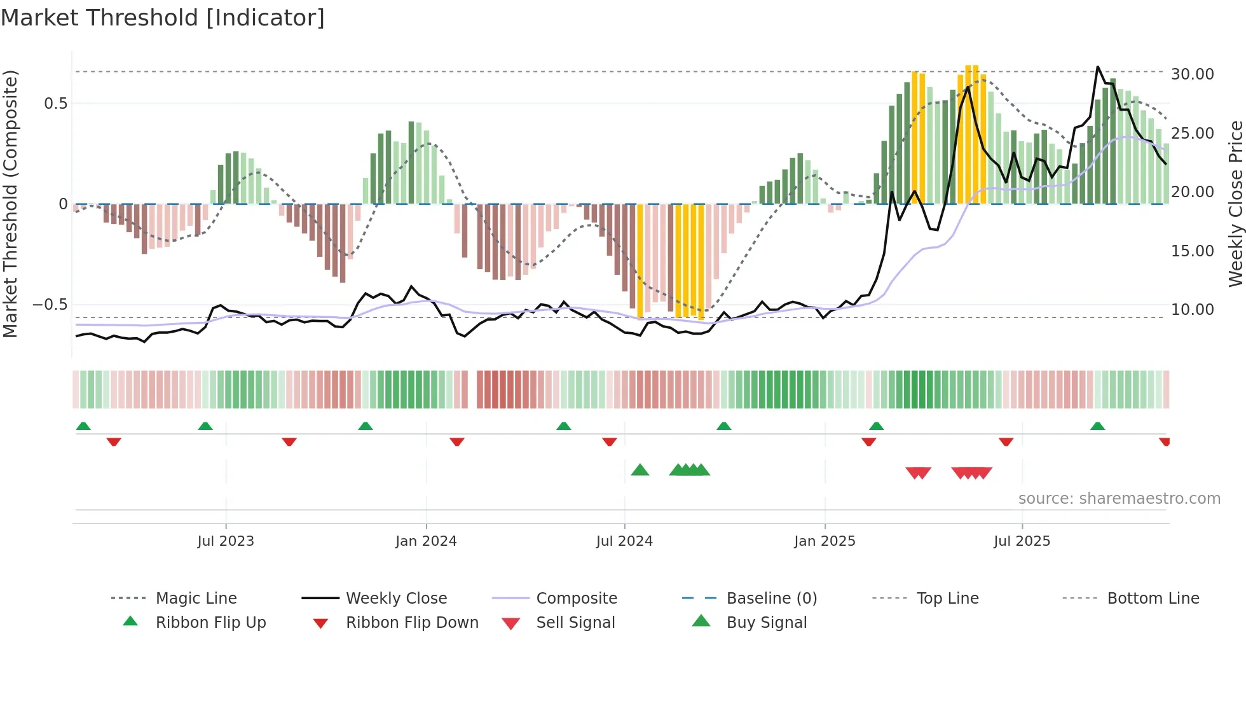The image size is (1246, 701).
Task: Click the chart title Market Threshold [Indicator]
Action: click(x=163, y=18)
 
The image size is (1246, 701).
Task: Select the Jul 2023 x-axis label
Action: click(x=225, y=541)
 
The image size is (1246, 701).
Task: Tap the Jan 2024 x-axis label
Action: click(x=426, y=541)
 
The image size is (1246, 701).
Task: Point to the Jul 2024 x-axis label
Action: click(x=624, y=541)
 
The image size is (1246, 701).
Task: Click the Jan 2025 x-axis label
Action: click(x=825, y=541)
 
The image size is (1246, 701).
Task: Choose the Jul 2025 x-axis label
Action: click(x=1022, y=541)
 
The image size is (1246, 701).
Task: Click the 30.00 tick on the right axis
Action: click(x=1192, y=74)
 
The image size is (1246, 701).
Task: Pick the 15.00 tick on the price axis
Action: click(x=1192, y=251)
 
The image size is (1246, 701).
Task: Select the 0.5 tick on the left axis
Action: click(x=55, y=104)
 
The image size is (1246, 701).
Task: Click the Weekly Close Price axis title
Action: click(x=1235, y=204)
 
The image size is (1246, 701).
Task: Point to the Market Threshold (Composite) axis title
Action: click(x=10, y=204)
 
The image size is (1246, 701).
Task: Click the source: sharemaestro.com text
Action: click(x=1119, y=499)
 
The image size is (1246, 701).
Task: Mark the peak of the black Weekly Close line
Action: click(x=1097, y=67)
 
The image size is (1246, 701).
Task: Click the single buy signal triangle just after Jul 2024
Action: click(x=640, y=470)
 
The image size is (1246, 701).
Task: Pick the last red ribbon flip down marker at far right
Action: click(x=1164, y=441)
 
